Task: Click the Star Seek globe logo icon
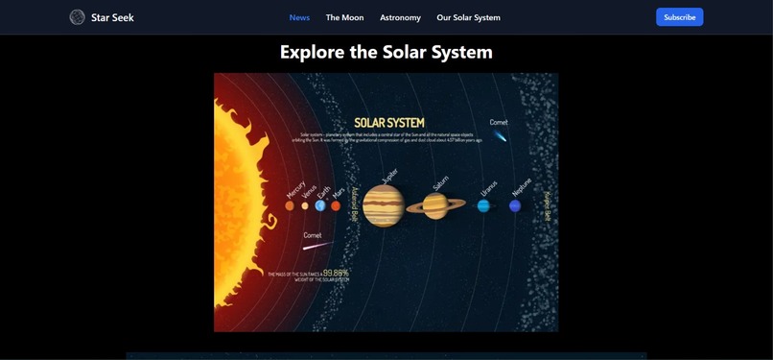(x=77, y=17)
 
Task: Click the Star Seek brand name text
(x=112, y=17)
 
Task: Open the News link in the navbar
(x=299, y=17)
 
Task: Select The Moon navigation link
(x=344, y=17)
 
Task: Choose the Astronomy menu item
(x=400, y=17)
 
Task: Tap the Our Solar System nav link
(x=468, y=17)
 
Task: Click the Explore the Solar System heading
(x=386, y=52)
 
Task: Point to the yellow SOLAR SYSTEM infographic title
(x=388, y=123)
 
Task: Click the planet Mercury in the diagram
(x=290, y=205)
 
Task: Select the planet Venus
(x=305, y=205)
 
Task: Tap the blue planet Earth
(x=320, y=205)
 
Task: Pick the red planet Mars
(x=336, y=205)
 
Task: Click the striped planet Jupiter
(x=383, y=205)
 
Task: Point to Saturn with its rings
(x=436, y=205)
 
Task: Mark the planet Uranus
(x=483, y=205)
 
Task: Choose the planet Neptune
(x=515, y=205)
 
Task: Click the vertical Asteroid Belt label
(x=354, y=204)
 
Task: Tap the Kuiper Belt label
(x=548, y=205)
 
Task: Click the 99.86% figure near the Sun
(x=336, y=273)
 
